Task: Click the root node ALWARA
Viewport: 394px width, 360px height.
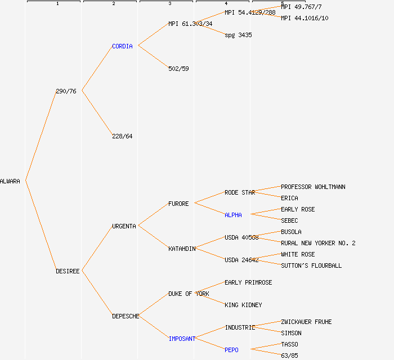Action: [10, 181]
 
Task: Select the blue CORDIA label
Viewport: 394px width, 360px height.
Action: [122, 46]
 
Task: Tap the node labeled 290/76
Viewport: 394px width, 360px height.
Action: [66, 91]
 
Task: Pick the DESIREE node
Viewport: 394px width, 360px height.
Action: [68, 271]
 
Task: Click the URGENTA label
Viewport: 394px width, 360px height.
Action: [124, 226]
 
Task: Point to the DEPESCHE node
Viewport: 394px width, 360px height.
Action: [126, 316]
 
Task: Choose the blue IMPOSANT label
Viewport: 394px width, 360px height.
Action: [182, 339]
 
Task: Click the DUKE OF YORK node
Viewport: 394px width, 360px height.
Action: [189, 294]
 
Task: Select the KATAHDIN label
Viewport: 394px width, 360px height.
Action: [182, 249]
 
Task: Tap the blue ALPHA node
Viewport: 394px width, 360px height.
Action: [233, 215]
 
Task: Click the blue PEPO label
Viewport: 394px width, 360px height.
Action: [231, 350]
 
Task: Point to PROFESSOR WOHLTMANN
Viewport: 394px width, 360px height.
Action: [313, 187]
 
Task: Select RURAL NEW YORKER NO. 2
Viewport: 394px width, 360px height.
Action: [318, 243]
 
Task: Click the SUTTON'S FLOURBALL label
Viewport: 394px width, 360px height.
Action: [311, 265]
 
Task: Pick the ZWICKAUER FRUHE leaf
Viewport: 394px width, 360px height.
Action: [306, 322]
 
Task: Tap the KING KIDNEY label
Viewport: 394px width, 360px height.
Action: [243, 305]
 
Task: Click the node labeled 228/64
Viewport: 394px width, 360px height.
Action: [122, 136]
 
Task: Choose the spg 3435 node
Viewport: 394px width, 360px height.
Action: [238, 35]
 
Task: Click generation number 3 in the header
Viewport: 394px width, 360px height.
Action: [169, 4]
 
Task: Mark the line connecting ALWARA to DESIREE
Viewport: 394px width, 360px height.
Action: [41, 226]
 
